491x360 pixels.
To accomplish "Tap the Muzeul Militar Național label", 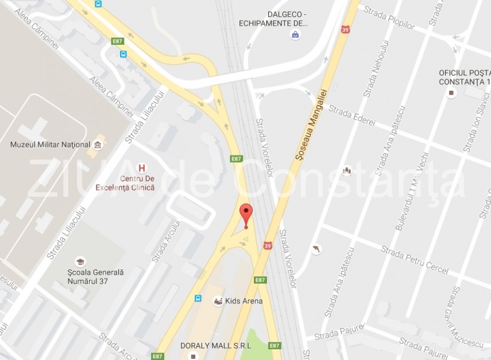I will (51, 145).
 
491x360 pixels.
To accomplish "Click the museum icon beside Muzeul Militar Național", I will (98, 144).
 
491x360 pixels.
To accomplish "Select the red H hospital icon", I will (142, 168).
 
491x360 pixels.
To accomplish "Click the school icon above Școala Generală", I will (80, 261).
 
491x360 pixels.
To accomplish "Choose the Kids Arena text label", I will (244, 301).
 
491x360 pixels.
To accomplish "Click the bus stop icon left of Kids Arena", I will (198, 299).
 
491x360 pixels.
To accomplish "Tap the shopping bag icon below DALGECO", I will (295, 34).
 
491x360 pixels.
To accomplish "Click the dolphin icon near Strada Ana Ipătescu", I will (315, 249).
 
